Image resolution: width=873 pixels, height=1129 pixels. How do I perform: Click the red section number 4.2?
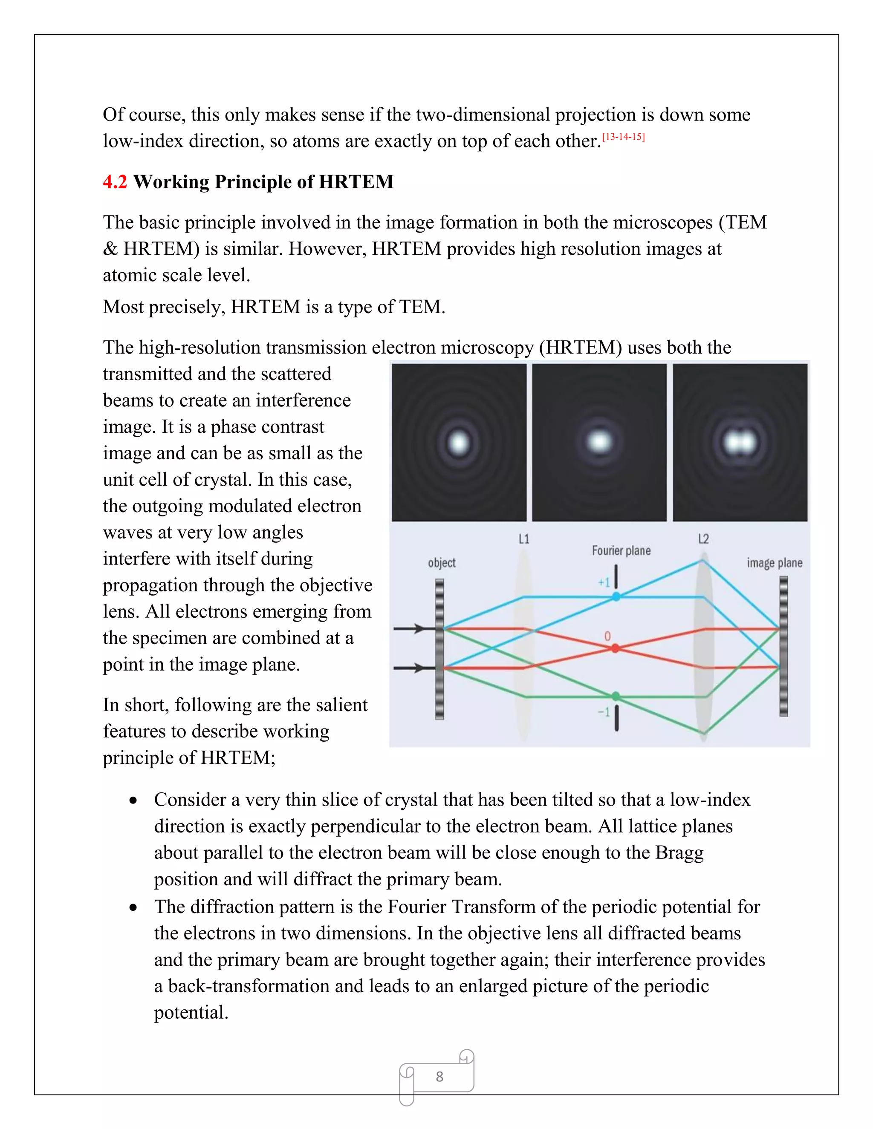tap(114, 182)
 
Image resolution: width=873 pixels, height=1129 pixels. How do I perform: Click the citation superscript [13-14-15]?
tap(623, 137)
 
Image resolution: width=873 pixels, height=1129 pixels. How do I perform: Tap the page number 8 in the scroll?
tap(439, 1076)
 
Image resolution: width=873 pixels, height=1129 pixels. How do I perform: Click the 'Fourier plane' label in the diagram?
tap(621, 550)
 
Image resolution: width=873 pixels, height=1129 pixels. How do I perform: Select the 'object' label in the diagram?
tap(442, 563)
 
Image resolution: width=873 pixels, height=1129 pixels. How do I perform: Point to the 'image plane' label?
tap(774, 563)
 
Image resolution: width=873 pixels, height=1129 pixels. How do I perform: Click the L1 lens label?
tap(524, 539)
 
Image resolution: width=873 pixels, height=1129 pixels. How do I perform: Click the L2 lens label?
tap(703, 539)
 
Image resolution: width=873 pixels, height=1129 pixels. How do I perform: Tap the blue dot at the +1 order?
tap(616, 596)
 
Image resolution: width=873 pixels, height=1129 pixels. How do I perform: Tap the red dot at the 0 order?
tap(616, 648)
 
